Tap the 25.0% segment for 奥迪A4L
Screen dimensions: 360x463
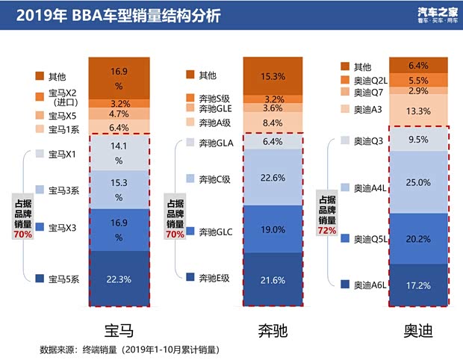click(418, 182)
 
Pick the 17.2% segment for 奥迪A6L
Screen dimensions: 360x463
click(418, 285)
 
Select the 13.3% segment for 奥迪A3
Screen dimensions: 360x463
click(418, 111)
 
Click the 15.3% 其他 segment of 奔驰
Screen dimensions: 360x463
click(273, 76)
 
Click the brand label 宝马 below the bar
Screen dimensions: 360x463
click(119, 329)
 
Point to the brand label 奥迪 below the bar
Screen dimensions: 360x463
click(418, 329)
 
